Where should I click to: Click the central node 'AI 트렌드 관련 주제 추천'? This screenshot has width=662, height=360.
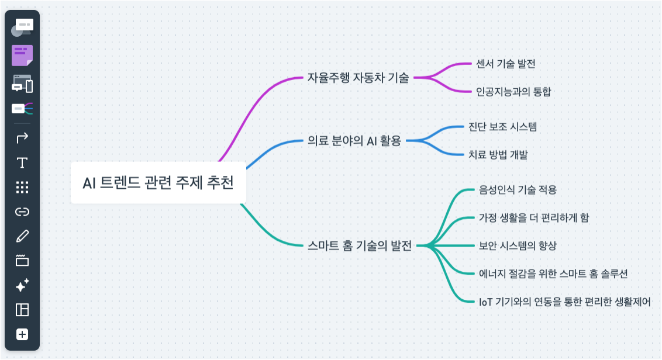(158, 183)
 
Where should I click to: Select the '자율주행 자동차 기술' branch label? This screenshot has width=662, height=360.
(358, 78)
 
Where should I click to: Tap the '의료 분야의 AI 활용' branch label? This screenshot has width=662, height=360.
(354, 140)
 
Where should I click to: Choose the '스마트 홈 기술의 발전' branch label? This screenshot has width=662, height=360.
(359, 245)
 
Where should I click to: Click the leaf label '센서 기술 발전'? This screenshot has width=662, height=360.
(505, 64)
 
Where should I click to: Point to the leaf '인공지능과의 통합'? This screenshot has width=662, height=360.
(513, 92)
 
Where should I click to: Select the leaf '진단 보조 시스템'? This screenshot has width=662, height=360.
(502, 127)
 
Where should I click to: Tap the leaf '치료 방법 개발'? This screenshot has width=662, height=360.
(498, 154)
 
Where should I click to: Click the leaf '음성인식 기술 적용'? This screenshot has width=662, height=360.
(518, 189)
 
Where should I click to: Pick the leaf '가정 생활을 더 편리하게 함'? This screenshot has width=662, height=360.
(534, 217)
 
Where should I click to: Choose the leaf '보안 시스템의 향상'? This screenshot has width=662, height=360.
(518, 245)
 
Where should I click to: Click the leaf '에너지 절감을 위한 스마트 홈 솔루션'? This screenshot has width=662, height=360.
(553, 274)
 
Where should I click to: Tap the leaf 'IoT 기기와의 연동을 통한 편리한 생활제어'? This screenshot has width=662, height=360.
(564, 302)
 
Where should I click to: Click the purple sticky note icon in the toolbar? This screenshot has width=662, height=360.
(22, 56)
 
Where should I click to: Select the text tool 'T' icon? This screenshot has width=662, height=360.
(22, 163)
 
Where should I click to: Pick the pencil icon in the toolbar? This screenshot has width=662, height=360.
(22, 236)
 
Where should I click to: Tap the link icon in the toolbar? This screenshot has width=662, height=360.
(22, 212)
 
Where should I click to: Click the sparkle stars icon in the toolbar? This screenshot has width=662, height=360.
(22, 285)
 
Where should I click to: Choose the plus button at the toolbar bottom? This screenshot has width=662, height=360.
(22, 334)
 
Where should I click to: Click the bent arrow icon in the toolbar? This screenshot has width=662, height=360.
(22, 138)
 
